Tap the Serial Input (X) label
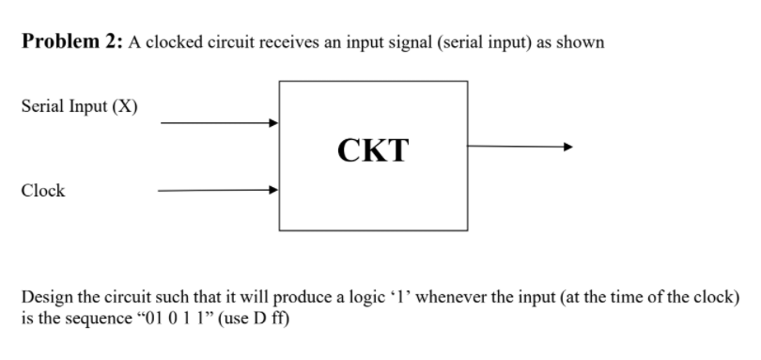pos(79,105)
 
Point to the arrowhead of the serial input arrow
pos(273,122)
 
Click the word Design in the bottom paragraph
pos(43,297)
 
